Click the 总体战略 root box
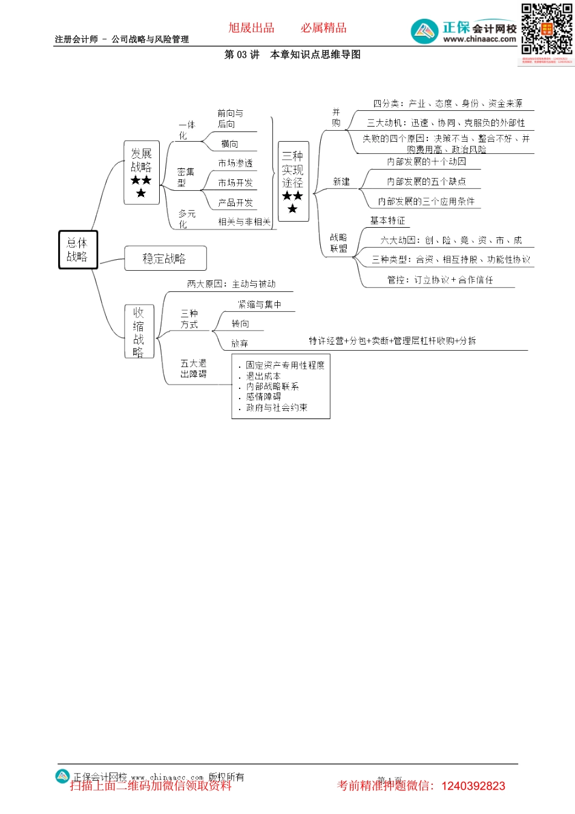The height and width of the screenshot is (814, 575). [77, 250]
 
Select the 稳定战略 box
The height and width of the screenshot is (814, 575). [165, 259]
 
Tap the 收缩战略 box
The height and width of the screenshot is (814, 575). [139, 332]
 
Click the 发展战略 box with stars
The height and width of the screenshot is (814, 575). [142, 173]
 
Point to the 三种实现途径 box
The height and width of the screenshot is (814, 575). [293, 182]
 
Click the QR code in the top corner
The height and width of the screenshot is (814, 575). [547, 30]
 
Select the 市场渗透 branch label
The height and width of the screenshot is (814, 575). [235, 164]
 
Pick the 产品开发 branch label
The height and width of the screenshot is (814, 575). [235, 203]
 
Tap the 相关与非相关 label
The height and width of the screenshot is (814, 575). [245, 222]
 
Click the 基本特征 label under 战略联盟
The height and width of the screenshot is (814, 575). [388, 220]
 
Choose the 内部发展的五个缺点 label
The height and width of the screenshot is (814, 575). [426, 182]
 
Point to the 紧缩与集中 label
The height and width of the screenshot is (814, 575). [260, 305]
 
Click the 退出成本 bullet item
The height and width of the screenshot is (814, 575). [263, 376]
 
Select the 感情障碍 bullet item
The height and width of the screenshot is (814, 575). [263, 397]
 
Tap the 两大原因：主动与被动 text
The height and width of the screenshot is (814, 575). [231, 284]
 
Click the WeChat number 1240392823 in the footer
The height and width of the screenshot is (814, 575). [473, 786]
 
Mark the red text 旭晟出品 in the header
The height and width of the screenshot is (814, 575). [251, 28]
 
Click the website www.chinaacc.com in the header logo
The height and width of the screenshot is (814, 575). [479, 39]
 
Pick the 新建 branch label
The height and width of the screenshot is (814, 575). [341, 182]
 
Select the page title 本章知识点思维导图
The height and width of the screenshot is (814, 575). [315, 55]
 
